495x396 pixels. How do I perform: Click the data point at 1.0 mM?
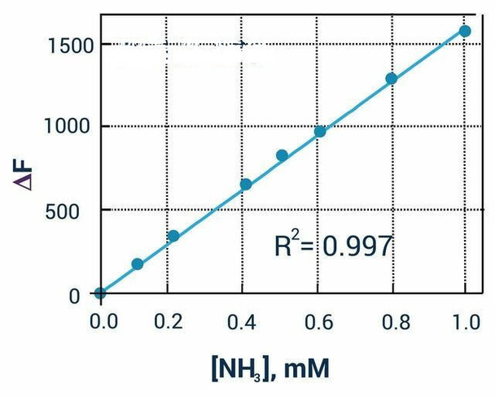pyautogui.click(x=465, y=31)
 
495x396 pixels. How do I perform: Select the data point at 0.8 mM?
pyautogui.click(x=391, y=79)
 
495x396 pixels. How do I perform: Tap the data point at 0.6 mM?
pyautogui.click(x=320, y=131)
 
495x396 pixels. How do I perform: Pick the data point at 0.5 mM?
pyautogui.click(x=282, y=155)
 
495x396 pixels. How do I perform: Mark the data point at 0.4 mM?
pyautogui.click(x=246, y=185)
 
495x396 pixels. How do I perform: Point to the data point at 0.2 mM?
pyautogui.click(x=173, y=236)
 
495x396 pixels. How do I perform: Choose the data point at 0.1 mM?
pyautogui.click(x=137, y=264)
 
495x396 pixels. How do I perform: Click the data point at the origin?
pyautogui.click(x=100, y=294)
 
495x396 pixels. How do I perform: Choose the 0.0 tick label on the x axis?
pyautogui.click(x=103, y=323)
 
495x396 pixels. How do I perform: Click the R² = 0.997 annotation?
pyautogui.click(x=334, y=245)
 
